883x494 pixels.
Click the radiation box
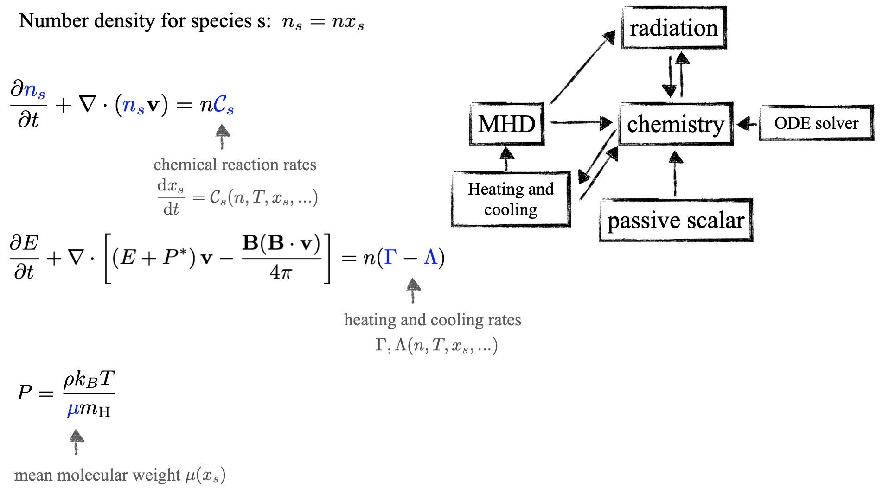[x=673, y=28]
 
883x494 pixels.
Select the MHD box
[x=506, y=124]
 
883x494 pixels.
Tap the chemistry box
[x=675, y=124]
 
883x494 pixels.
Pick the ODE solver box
[x=816, y=123]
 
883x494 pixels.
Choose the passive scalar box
[x=675, y=221]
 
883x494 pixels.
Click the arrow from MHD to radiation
[x=582, y=68]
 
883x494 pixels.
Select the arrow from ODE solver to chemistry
[x=746, y=124]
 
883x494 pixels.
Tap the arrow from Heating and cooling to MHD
[x=506, y=158]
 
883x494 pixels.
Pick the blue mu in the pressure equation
[x=73, y=409]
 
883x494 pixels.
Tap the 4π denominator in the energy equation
[x=281, y=272]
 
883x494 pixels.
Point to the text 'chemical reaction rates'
[x=235, y=165]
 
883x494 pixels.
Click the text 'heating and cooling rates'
[x=432, y=320]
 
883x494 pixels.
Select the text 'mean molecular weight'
[x=97, y=475]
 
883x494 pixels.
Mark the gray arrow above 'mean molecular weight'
[x=77, y=441]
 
